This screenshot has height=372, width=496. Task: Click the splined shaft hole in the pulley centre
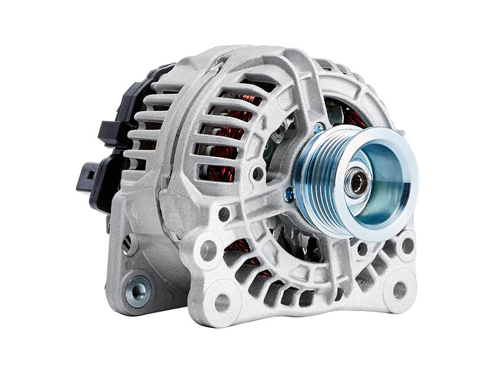(358, 184)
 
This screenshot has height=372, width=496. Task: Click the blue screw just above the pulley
(318, 128)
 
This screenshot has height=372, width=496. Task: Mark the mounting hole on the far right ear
(407, 245)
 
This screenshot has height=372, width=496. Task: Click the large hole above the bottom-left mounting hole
(209, 249)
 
